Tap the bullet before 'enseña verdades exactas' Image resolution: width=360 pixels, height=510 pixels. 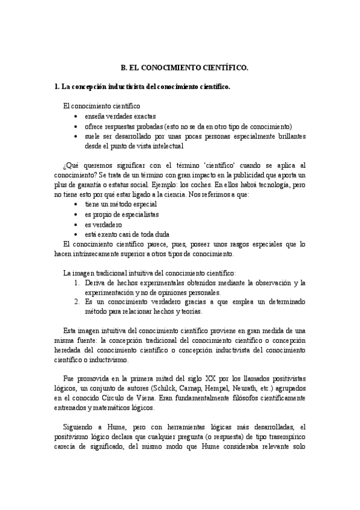pos(74,116)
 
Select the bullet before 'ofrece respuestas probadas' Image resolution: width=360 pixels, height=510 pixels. pos(74,126)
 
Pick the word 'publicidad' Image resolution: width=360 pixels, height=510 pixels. pos(252,175)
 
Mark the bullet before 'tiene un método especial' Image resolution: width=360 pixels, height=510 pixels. pos(74,204)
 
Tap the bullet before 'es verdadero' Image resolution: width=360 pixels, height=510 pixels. pos(74,224)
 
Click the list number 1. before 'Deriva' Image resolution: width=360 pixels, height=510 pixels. pos(77,282)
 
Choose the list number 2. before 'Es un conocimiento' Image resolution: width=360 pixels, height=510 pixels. pos(77,302)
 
